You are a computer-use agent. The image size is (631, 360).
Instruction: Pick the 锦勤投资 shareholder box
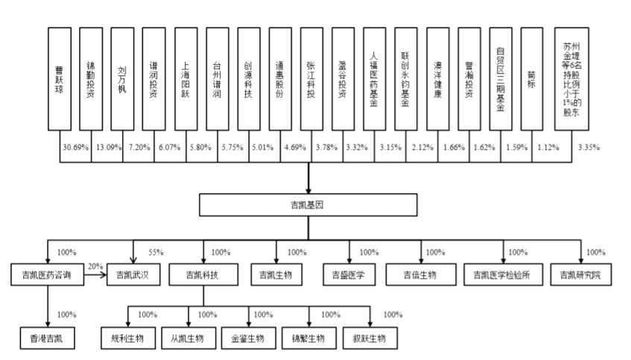coord(91,80)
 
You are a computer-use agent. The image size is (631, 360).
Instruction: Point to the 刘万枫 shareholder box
coord(122,80)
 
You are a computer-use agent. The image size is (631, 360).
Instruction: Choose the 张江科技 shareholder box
coord(312,80)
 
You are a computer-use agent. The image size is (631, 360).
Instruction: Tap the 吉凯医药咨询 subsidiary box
coord(47,275)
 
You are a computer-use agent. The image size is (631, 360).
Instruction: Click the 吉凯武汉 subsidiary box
coord(133,275)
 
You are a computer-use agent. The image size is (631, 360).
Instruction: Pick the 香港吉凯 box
coord(47,338)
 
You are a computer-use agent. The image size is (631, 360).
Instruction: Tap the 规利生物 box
coord(127,338)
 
